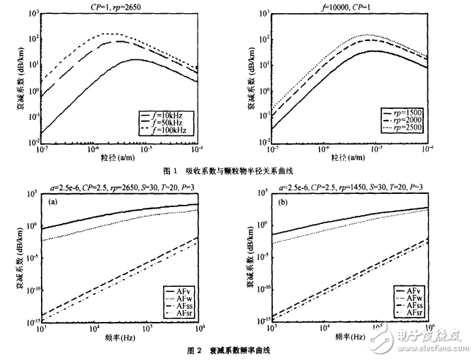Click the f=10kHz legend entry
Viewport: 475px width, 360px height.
coord(173,114)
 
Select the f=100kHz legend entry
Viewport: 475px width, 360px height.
coord(173,130)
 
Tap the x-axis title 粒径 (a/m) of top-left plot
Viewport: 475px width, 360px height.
coord(117,157)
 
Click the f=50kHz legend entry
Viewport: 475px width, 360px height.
coord(173,122)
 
